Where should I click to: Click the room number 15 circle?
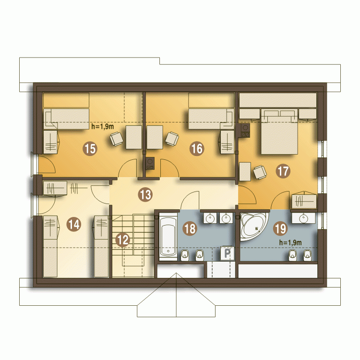[90, 148]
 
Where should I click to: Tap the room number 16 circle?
[197, 148]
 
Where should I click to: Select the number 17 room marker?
[283, 171]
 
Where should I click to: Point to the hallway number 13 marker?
[145, 195]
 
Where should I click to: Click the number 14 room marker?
[74, 224]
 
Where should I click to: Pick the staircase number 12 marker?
[123, 240]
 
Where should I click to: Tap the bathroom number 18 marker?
[190, 228]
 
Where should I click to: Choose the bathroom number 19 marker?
[281, 228]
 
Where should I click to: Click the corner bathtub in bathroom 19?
[252, 226]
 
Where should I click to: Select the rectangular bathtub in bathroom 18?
[168, 237]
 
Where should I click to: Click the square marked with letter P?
[227, 253]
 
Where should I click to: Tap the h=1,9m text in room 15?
[103, 126]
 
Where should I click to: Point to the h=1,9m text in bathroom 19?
[290, 242]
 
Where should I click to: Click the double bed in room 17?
[279, 132]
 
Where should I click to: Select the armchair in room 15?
[116, 139]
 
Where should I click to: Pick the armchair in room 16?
[172, 139]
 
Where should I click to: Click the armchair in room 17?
[260, 172]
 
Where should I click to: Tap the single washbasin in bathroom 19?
[304, 218]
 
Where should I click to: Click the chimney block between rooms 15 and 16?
[150, 163]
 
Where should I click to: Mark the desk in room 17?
[245, 171]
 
